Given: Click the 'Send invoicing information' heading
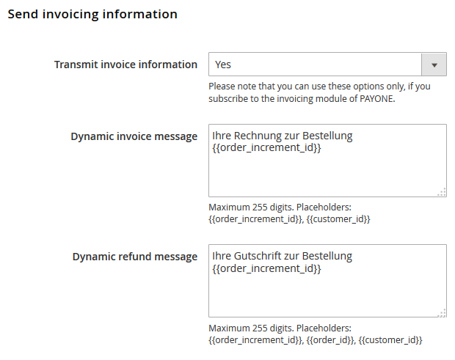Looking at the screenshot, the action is click(x=92, y=15).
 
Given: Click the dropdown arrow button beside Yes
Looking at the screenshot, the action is click(x=434, y=65).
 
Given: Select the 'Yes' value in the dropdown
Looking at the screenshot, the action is click(x=223, y=65).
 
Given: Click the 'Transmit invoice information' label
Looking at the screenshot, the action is click(x=125, y=65).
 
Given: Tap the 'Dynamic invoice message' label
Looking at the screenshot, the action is click(x=134, y=136).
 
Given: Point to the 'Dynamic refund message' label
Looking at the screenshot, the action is click(x=135, y=257).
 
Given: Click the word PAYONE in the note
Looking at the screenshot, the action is click(x=377, y=99).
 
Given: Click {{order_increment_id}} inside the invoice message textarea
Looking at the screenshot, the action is click(x=266, y=148).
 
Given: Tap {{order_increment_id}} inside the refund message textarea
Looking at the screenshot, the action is click(x=266, y=268).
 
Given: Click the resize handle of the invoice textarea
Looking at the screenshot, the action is click(x=442, y=192).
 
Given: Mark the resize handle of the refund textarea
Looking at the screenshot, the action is click(x=442, y=313).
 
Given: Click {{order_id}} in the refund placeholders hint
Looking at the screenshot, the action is click(x=330, y=340).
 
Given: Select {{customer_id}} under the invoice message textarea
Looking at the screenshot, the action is click(x=338, y=219).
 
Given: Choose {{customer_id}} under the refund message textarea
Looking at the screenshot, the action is click(x=390, y=340).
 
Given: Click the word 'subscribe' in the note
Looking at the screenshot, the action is click(x=228, y=99).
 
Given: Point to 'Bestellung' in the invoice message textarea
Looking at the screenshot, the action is click(x=327, y=136).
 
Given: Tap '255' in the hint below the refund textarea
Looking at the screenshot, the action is click(x=260, y=328).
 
